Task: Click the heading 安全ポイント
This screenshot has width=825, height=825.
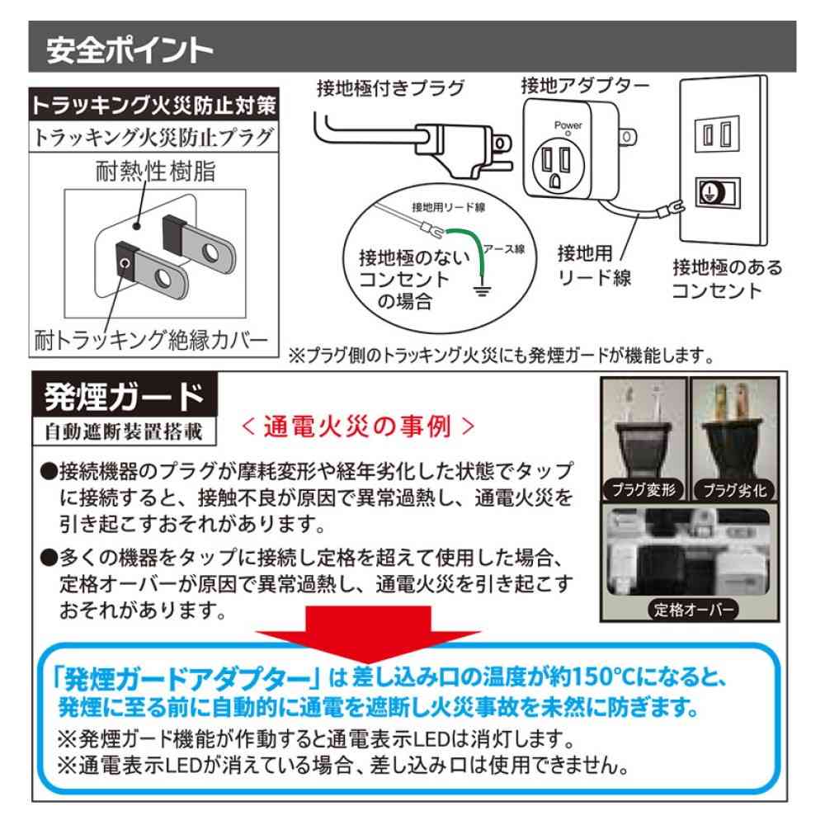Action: pos(130,50)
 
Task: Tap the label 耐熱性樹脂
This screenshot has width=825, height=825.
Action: pos(156,172)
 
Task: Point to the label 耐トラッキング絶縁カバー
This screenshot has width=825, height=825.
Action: pos(152,341)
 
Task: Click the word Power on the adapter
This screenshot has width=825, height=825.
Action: pos(568,125)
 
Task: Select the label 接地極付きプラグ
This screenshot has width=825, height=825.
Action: pos(391,88)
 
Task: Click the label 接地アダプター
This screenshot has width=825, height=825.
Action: pos(585,85)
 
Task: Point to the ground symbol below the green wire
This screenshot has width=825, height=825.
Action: pos(482,290)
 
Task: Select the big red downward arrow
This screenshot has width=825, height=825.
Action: pos(368,634)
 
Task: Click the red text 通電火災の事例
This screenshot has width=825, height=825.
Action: pos(358,427)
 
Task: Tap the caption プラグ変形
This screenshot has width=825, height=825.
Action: pos(643,490)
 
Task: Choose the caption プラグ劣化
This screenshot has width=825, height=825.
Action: pos(734,491)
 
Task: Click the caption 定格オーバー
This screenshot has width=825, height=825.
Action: pos(694,610)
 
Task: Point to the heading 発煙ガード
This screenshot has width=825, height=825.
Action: pos(125,396)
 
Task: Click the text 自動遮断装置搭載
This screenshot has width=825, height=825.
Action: pos(125,432)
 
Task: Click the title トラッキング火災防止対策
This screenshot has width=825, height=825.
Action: pos(153,106)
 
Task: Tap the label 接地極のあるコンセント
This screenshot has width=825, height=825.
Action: pos(727,279)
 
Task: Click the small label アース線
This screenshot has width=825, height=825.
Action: pos(503,249)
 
